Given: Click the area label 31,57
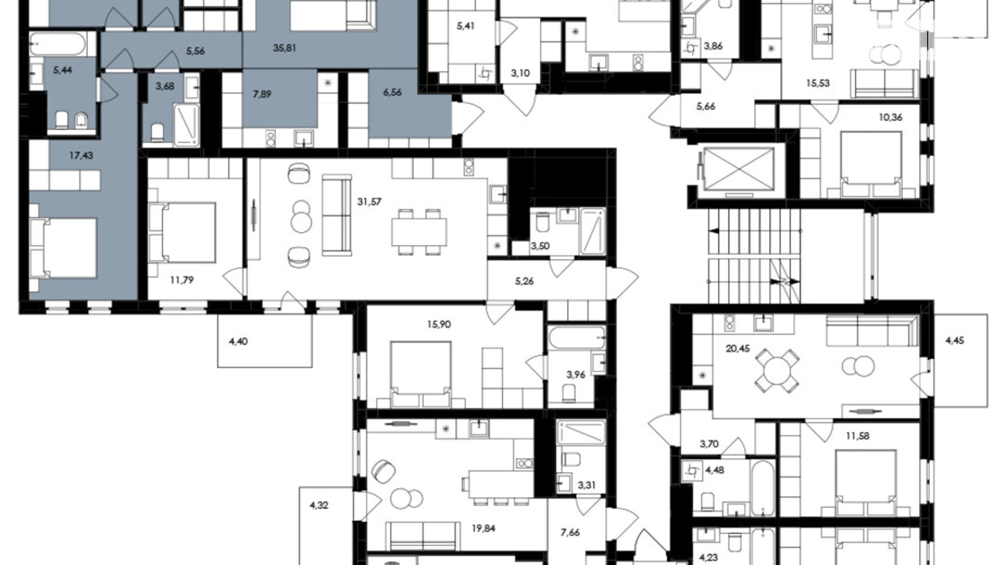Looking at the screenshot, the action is point(369,202).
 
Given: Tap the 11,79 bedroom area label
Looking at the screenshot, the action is point(182,280).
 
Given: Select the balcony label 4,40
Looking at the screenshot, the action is point(238,342).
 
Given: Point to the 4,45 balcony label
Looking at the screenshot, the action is point(955,341).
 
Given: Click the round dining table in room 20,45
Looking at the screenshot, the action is point(777,371).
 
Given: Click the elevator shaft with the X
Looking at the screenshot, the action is point(738,168).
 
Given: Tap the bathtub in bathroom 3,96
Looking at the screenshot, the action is point(576,338).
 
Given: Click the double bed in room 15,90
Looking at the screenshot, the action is point(421,374).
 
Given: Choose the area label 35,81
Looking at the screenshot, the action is point(284,48).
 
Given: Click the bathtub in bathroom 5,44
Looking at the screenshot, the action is point(57,44).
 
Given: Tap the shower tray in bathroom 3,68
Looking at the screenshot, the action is point(187,125).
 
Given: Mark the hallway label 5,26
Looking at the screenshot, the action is point(524,281).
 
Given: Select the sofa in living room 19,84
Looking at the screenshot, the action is point(423,536).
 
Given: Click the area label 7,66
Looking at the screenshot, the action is point(570,533).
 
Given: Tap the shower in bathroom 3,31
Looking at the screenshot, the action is point(581,433).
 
